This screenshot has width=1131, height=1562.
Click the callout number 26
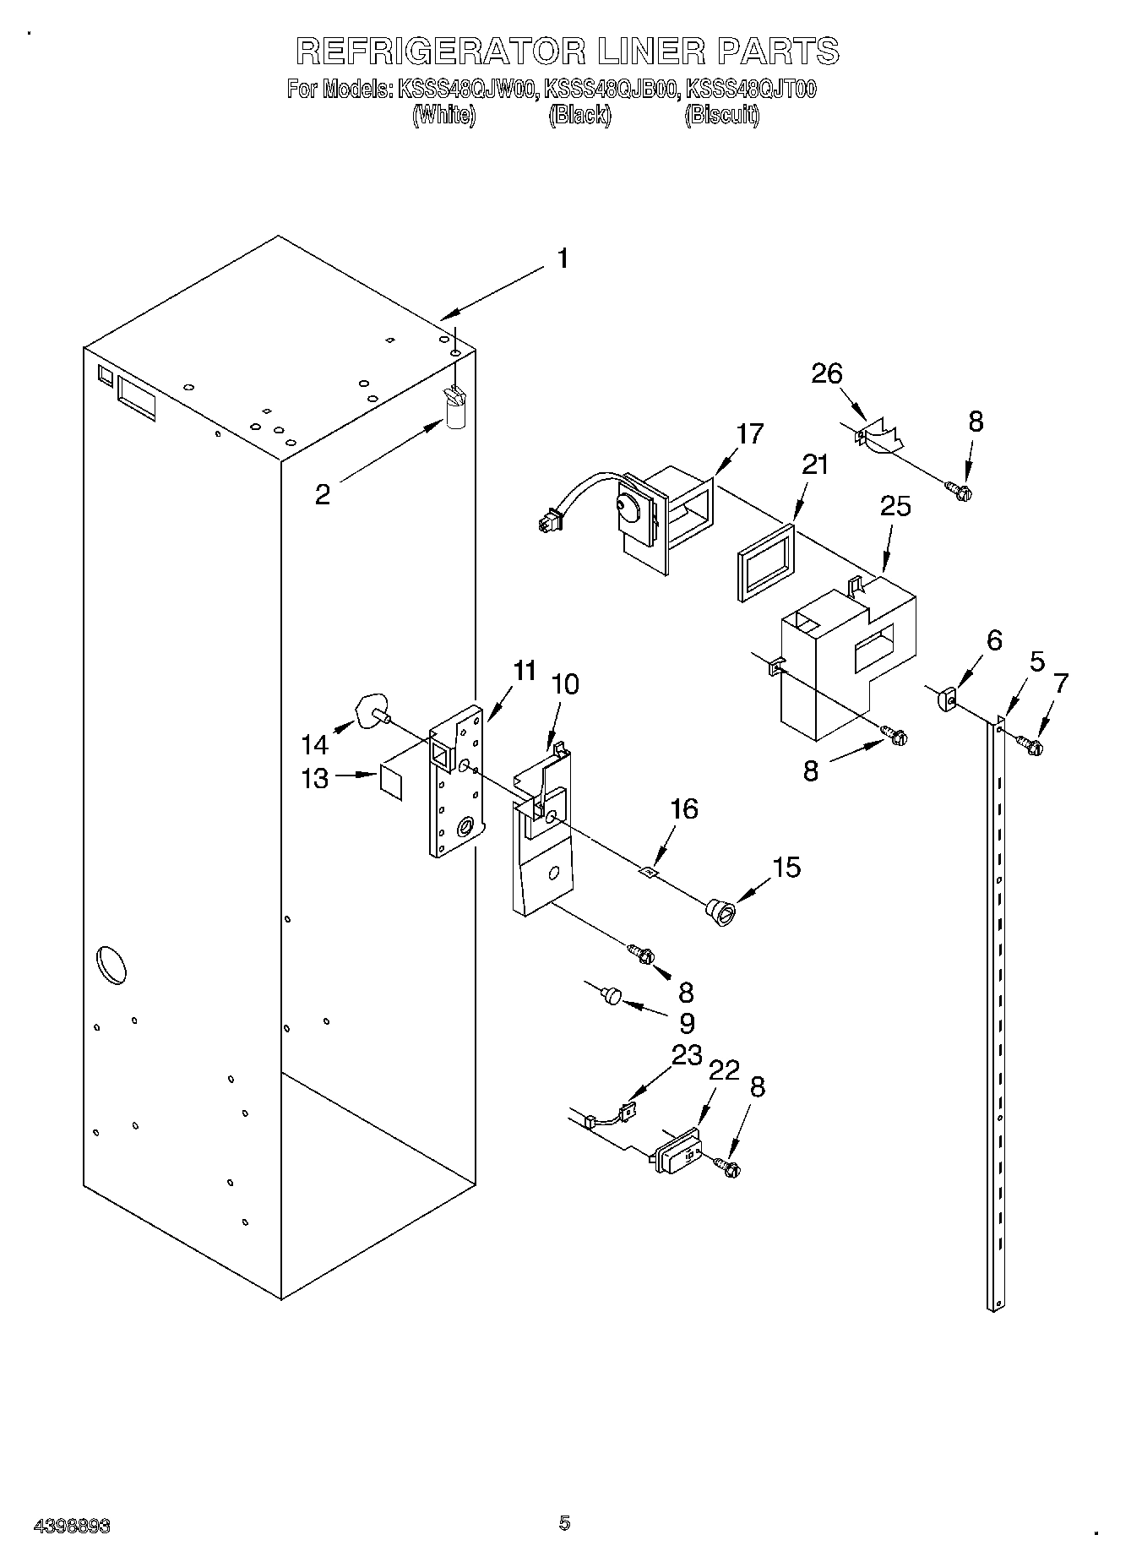(x=827, y=373)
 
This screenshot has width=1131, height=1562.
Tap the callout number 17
(x=749, y=433)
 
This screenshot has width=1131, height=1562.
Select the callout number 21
(x=815, y=465)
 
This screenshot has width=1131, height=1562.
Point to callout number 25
(x=895, y=506)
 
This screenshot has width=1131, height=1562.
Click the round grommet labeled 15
(x=720, y=913)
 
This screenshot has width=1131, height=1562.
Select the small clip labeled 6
(x=945, y=699)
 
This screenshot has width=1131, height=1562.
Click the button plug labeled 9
(x=610, y=994)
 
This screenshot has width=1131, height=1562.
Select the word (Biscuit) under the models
(x=721, y=115)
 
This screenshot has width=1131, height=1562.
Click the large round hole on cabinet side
(x=113, y=966)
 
